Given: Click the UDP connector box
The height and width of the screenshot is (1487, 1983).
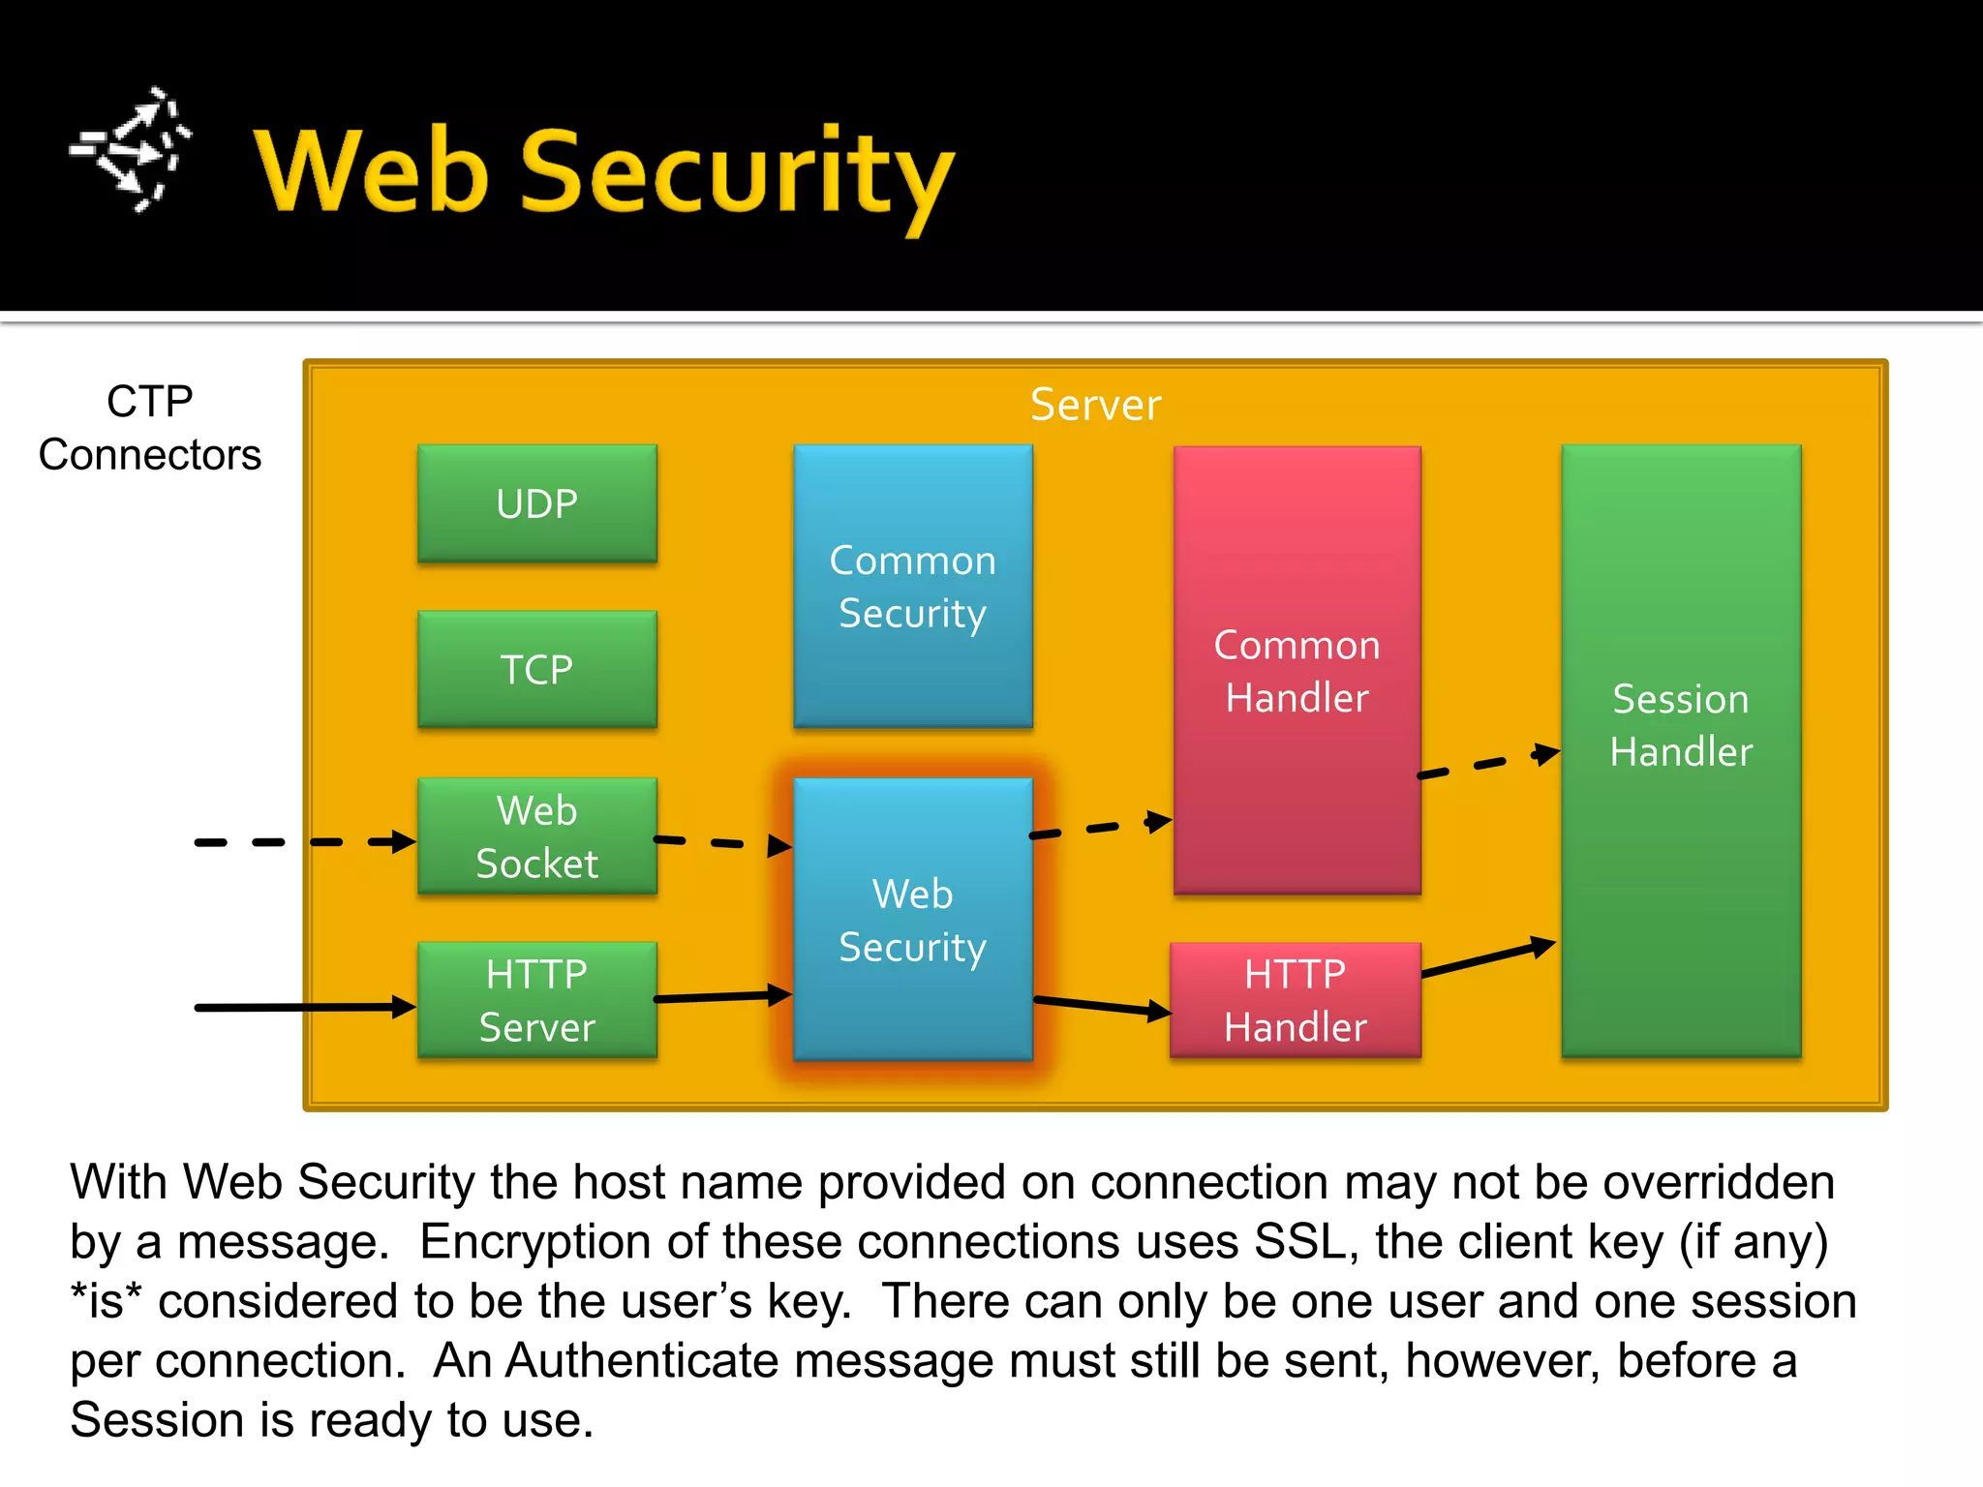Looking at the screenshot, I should [537, 503].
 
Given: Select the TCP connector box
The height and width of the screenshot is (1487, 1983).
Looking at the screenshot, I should [537, 669].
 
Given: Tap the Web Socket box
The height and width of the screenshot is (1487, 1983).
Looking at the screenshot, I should [537, 835].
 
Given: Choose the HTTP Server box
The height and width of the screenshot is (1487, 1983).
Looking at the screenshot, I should [537, 1000].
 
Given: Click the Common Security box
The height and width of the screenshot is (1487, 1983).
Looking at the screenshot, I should [912, 586].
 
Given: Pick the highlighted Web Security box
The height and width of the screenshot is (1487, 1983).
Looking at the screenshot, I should [912, 919].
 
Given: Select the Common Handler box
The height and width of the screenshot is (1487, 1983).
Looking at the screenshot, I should [1297, 670].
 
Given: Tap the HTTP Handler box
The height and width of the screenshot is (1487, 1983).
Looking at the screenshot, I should [1295, 1000].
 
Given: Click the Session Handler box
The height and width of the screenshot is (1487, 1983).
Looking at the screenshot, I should [1681, 750].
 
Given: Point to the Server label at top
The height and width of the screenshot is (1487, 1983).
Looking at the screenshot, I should [1095, 405].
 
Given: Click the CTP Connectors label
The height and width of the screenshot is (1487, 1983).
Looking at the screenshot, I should [150, 428].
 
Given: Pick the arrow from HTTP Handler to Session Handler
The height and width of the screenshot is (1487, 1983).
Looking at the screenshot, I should [1488, 958].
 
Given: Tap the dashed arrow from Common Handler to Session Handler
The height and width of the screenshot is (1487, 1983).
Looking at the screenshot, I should [1488, 764].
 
